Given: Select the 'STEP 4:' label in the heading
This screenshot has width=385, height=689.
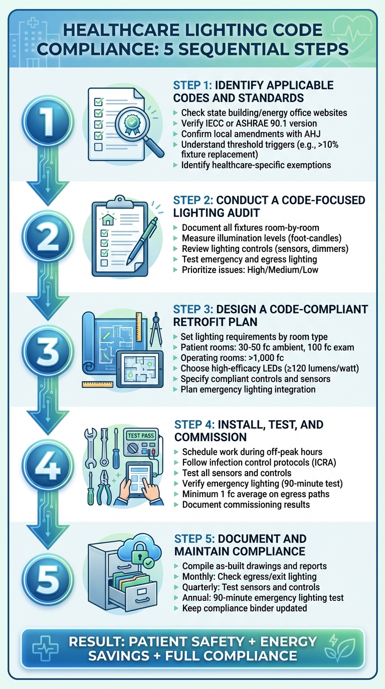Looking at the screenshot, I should pyautogui.click(x=196, y=425).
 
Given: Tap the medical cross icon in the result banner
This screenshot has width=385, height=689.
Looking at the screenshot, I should pyautogui.click(x=45, y=648).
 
